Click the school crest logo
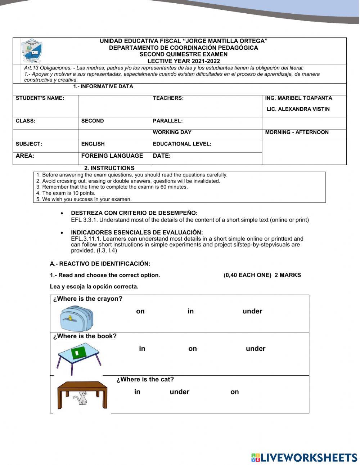point(32,51)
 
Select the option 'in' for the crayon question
point(190,311)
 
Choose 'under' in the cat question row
point(179,392)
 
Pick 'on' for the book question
point(192,349)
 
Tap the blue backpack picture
point(76,318)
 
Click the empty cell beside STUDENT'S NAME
point(114,106)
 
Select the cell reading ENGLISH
point(93,144)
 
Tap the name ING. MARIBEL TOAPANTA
point(298,98)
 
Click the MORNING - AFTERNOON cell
point(297,132)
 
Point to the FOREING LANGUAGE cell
point(112,156)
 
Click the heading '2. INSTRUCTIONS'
point(109,168)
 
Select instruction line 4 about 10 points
point(66,193)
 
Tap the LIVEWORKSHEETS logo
point(304,457)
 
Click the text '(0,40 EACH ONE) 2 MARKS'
point(262,275)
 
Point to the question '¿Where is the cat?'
point(145,379)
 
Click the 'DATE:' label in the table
point(162,156)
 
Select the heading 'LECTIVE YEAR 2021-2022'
point(183,61)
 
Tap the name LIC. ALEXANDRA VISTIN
point(298,109)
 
